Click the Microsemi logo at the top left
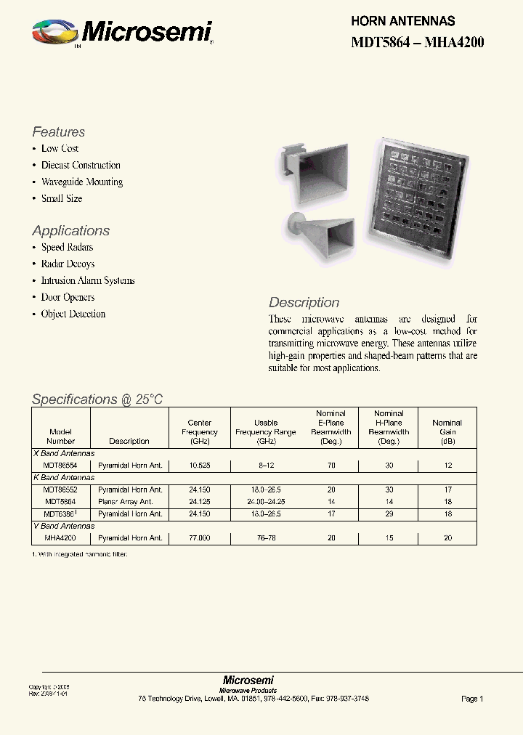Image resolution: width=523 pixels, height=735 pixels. point(122,33)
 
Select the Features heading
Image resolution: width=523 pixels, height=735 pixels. point(58,132)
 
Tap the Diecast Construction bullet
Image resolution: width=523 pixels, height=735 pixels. point(81,166)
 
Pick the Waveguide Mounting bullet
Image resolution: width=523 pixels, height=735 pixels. point(81,182)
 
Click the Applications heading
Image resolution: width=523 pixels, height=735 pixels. point(70,231)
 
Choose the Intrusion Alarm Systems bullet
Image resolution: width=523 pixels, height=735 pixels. point(87,281)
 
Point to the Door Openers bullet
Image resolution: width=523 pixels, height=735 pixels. point(68,298)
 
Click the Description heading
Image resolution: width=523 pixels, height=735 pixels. point(304,303)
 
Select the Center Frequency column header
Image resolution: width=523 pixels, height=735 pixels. point(199,431)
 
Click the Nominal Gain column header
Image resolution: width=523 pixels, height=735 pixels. point(447,431)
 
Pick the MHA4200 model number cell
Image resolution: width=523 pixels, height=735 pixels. point(60,538)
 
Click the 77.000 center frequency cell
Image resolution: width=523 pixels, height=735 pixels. point(199,538)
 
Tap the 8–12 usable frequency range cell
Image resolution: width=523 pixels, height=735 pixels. point(266,466)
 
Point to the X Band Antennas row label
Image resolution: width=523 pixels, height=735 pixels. point(65,453)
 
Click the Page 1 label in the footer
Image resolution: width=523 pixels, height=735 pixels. point(471,699)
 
